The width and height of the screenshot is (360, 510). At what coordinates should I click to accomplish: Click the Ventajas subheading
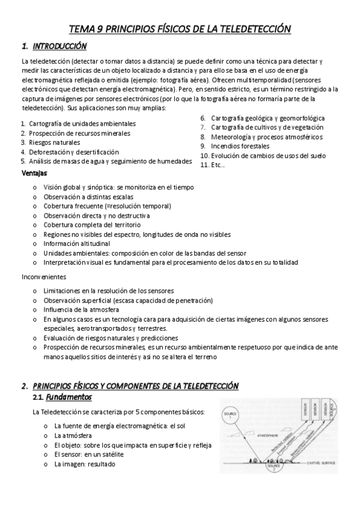click(x=34, y=173)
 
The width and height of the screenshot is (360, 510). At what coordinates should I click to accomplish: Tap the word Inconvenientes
click(x=44, y=277)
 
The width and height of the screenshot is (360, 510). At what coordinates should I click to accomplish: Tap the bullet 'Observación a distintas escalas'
click(x=88, y=197)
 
